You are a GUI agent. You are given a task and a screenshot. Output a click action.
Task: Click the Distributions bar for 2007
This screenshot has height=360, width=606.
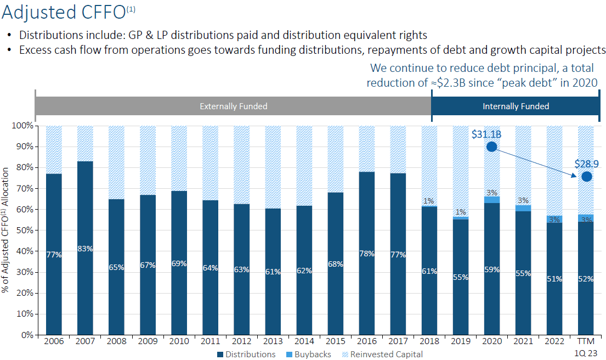85,274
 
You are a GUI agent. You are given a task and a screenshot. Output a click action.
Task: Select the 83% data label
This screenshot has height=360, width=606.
85,249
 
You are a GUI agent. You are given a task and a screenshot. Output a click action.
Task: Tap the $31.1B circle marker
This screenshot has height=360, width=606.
491,147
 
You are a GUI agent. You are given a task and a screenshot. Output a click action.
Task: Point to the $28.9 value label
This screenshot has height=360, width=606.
586,164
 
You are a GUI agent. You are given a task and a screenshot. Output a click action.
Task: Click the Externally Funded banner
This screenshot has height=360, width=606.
233,106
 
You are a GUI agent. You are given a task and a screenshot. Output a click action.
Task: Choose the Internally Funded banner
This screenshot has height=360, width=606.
516,106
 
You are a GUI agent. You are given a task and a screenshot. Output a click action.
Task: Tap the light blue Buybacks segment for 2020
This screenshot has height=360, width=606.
491,200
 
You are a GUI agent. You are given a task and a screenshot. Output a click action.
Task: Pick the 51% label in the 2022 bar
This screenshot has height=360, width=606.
554,279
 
